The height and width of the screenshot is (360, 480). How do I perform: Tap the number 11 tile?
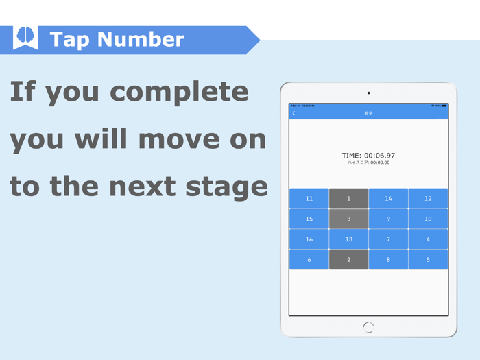coord(309,198)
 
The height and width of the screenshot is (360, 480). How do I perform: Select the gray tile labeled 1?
coord(348,198)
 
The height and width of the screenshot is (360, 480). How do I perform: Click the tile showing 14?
coord(388,198)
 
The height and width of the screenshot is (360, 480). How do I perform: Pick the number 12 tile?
coord(428,198)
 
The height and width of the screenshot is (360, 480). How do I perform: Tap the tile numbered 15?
coord(309,219)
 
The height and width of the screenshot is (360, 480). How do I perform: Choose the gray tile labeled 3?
coord(348,219)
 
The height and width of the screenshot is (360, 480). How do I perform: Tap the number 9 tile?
coord(388,219)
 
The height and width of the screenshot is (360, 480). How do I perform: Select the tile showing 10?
coord(428,219)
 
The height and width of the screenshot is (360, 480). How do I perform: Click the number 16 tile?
coord(309,239)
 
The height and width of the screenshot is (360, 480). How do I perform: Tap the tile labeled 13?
coord(348,239)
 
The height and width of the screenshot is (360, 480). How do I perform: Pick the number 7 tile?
coord(388,239)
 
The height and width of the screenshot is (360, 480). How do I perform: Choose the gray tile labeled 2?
coord(348,259)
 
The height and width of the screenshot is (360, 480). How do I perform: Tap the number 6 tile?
coord(309,259)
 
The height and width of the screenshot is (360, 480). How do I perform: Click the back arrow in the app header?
coord(294,113)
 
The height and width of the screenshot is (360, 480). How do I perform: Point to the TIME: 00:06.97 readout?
coord(368,156)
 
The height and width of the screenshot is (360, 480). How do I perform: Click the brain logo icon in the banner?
coord(25,38)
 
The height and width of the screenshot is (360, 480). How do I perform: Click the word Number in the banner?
coord(145,40)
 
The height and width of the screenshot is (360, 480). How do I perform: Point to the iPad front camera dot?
coord(368,93)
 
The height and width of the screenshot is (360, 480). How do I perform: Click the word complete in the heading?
coord(180,92)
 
